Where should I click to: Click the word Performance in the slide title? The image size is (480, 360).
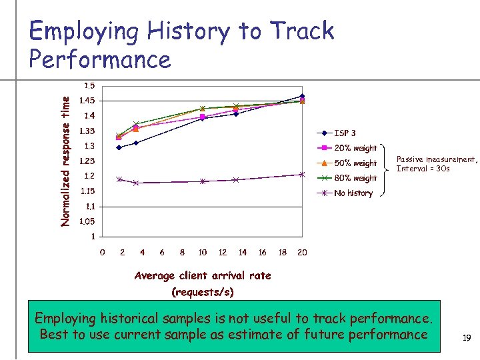[100, 59]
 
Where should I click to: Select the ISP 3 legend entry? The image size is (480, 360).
[345, 133]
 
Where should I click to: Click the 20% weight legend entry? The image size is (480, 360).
[355, 148]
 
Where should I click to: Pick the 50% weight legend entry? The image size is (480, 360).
[355, 163]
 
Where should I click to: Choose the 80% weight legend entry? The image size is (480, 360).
[355, 178]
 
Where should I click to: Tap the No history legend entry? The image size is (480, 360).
[353, 193]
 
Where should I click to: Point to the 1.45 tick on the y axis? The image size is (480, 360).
[87, 101]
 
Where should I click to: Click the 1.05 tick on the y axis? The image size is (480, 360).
[87, 221]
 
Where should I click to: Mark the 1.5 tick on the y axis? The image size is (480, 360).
[89, 85]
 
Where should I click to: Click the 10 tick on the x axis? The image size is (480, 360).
[203, 253]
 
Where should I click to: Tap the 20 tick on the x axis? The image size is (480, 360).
[302, 253]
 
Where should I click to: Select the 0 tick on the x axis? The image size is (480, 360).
[102, 253]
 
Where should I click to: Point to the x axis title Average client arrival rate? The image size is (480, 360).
[203, 275]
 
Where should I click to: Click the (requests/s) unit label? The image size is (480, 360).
[203, 292]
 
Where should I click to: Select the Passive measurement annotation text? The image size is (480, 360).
[437, 164]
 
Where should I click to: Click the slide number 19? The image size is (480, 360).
[467, 339]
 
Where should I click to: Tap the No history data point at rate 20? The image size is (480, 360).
[302, 175]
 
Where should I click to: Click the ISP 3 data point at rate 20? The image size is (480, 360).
[302, 96]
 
